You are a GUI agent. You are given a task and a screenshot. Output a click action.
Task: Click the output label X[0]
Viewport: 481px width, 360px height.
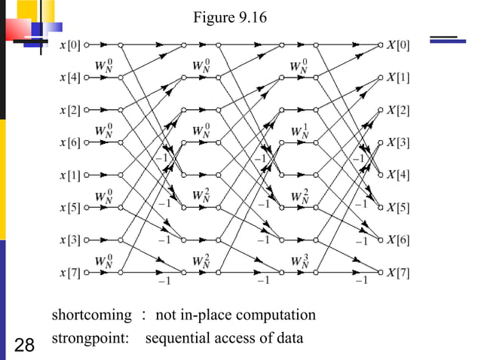tap(398, 45)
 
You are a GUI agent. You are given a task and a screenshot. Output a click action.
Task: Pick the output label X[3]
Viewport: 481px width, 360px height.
tap(398, 142)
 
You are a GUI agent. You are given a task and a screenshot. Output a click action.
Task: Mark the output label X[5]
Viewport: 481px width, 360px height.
tap(398, 207)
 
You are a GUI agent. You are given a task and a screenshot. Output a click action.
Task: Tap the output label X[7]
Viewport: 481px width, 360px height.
tap(398, 272)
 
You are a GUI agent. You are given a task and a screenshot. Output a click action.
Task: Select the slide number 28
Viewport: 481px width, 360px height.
tap(24, 346)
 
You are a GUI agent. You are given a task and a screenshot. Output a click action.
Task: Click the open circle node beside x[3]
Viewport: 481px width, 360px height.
tap(87, 239)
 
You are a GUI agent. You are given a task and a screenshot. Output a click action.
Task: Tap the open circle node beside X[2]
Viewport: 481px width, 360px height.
tap(381, 110)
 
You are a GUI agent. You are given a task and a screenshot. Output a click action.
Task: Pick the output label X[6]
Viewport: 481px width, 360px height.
tap(398, 239)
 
